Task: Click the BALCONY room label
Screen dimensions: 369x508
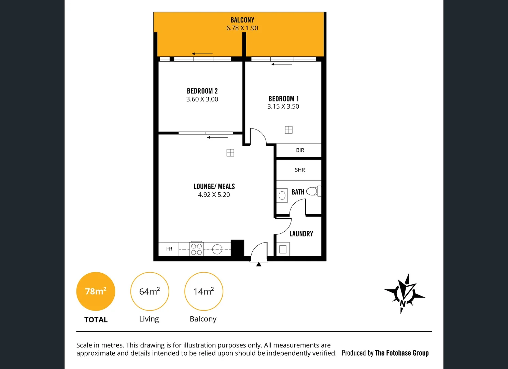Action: pyautogui.click(x=242, y=20)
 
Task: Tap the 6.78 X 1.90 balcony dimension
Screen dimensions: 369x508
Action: pyautogui.click(x=242, y=28)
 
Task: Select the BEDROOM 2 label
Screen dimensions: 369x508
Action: pyautogui.click(x=202, y=91)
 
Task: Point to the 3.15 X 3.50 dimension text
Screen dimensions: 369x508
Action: pyautogui.click(x=283, y=107)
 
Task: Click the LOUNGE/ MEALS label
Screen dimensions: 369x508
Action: pyautogui.click(x=214, y=187)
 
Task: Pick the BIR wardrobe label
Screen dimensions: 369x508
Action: pyautogui.click(x=300, y=150)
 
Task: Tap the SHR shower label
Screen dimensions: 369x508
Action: pyautogui.click(x=300, y=170)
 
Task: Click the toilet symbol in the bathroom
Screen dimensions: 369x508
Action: pyautogui.click(x=313, y=191)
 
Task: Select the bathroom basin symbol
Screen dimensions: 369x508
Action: pyautogui.click(x=282, y=195)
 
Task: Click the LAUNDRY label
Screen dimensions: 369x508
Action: pyautogui.click(x=301, y=234)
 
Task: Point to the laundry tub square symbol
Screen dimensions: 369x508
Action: pyautogui.click(x=283, y=249)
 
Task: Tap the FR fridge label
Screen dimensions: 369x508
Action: pyautogui.click(x=169, y=249)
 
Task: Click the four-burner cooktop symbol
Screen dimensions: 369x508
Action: pyautogui.click(x=196, y=249)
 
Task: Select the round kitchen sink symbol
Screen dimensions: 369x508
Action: pyautogui.click(x=217, y=249)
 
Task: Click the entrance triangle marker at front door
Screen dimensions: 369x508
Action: pyautogui.click(x=259, y=264)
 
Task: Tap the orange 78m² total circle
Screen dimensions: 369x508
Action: pyautogui.click(x=96, y=291)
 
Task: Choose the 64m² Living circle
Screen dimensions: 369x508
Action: pyautogui.click(x=150, y=291)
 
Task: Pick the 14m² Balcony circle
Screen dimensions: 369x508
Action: pyautogui.click(x=203, y=291)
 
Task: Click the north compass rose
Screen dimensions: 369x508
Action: pyautogui.click(x=404, y=293)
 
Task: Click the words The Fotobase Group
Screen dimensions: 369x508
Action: pyautogui.click(x=401, y=353)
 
